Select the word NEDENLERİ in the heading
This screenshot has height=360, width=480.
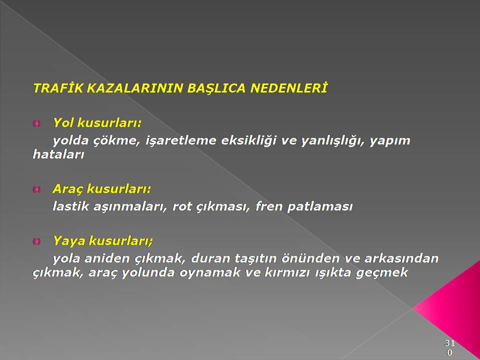coord(288,88)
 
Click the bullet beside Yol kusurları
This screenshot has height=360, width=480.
coord(36,123)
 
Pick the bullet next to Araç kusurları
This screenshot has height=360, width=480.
coord(36,189)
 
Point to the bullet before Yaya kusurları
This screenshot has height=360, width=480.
coord(36,241)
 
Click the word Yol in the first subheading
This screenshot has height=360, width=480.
coord(63,122)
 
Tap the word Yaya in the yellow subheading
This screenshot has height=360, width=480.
coord(68,241)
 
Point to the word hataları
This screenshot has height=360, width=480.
coord(58,154)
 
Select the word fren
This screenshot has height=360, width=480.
coord(269,206)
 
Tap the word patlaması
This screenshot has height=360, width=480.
coord(320,206)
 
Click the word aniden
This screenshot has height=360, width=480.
coord(107,258)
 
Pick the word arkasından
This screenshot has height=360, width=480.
coord(401,258)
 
